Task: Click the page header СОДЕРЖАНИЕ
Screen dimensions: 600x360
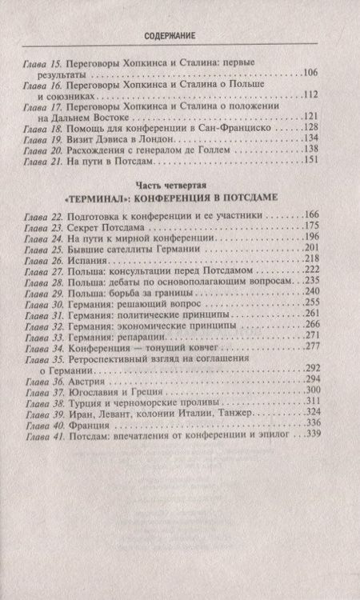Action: (180, 38)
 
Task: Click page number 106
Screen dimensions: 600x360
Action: (314, 71)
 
